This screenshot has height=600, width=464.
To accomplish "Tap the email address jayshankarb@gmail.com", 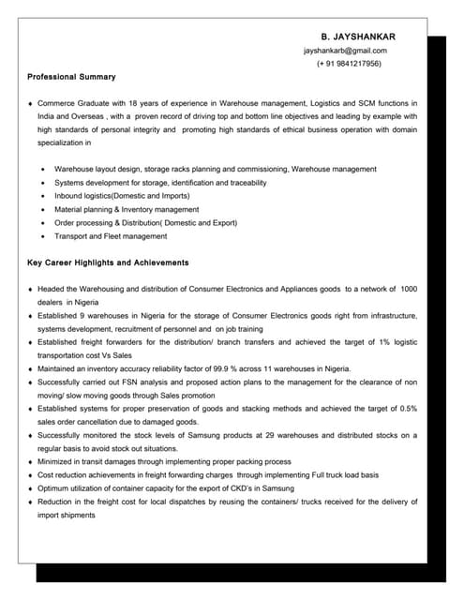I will pos(345,51).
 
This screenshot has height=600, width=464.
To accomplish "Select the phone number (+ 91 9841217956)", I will pos(349,64).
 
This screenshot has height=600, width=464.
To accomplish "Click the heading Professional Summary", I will pos(71,77).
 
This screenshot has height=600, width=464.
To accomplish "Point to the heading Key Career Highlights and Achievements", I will pos(108,262).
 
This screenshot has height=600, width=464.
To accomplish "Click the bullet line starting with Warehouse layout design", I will pos(216,169).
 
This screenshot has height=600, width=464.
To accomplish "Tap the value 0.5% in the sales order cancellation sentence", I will pos(408,409).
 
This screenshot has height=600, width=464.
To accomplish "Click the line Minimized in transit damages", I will pos(164,462).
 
